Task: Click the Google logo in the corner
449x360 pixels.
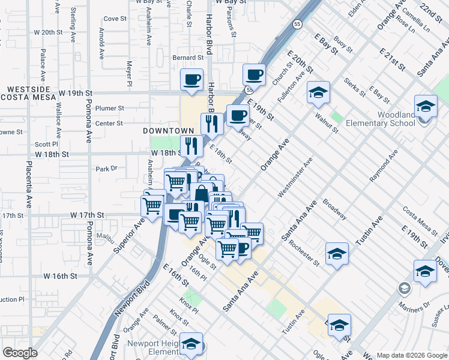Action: point(19,353)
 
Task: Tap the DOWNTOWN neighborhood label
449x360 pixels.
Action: point(169,131)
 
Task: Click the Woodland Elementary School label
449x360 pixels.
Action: point(388,119)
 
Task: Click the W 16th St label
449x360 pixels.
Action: point(60,276)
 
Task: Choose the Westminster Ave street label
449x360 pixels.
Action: point(295,178)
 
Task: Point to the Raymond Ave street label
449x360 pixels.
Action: point(384,167)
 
